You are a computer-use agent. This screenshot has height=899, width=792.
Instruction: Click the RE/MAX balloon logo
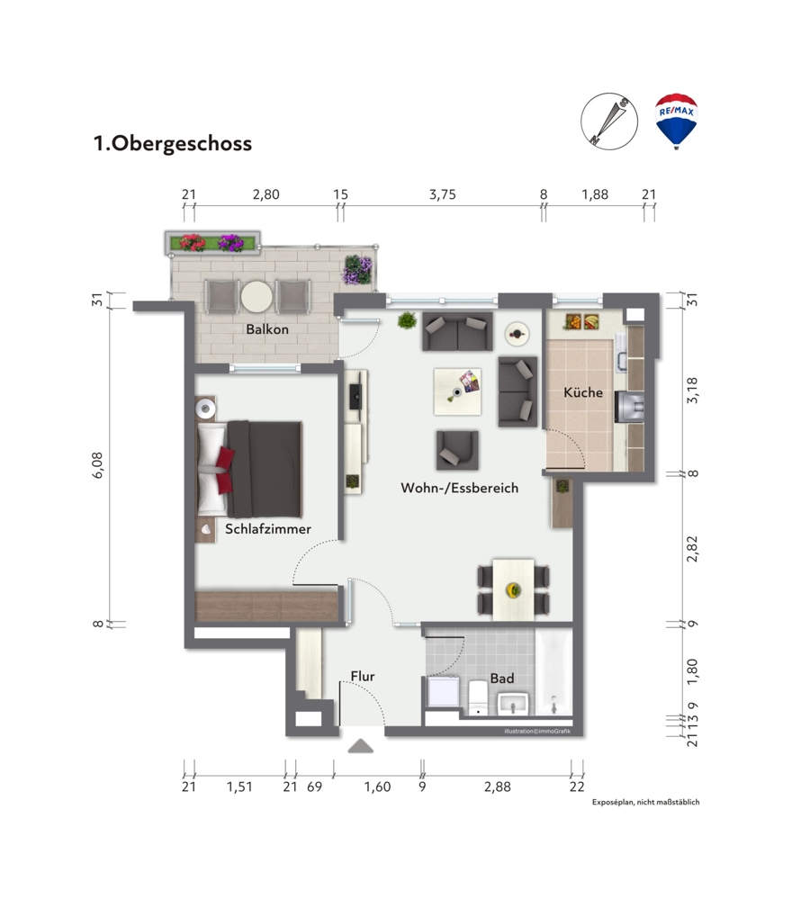point(676,121)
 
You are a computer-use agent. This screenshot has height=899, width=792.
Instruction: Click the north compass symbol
point(609,121)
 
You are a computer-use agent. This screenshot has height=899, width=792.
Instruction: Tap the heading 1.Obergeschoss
point(173,143)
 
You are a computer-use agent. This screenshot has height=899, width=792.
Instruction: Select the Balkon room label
point(267,329)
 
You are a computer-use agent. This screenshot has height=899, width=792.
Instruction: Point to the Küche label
point(583,392)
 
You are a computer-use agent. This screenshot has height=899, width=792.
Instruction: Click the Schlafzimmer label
point(268,528)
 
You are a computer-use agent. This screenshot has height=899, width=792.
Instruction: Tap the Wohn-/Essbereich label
point(459,488)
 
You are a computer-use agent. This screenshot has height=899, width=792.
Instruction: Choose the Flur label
point(363,677)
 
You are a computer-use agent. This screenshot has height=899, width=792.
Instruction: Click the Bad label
point(502,679)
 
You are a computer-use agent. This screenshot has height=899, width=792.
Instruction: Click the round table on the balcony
point(256,296)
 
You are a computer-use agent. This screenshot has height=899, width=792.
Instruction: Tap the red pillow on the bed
point(225,463)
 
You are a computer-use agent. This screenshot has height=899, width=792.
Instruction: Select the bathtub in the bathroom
point(553,672)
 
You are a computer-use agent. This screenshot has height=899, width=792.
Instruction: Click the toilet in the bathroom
point(478,697)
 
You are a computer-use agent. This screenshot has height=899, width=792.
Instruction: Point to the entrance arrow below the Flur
point(361,746)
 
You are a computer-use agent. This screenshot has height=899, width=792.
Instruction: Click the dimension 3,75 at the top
point(443,194)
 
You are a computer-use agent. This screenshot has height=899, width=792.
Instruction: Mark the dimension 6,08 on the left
point(98,465)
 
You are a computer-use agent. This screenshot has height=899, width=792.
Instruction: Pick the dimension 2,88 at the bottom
point(497,787)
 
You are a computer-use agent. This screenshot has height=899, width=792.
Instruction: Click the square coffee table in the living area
point(457,392)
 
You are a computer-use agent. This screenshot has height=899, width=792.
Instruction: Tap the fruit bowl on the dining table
point(513,589)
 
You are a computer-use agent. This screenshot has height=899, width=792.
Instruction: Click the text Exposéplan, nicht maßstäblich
point(646,802)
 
